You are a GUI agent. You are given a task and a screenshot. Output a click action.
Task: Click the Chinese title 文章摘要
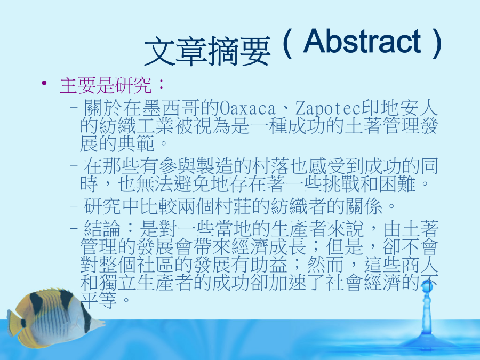207,51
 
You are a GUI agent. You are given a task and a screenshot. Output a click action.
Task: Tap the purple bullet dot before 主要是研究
44,83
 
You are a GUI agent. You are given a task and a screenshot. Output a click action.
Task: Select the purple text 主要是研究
106,85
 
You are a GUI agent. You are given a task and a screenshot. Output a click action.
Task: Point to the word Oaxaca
247,108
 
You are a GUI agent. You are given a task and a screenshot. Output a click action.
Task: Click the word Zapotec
328,108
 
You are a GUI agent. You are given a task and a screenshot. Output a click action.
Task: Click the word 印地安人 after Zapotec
400,108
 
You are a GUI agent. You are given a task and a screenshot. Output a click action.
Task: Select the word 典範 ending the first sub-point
135,143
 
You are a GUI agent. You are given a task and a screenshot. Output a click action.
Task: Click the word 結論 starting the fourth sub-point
102,229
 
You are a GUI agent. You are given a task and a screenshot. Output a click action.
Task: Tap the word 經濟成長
269,247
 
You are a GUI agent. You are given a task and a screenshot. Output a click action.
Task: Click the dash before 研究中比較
74,206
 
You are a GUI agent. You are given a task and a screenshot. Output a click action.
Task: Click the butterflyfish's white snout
98,324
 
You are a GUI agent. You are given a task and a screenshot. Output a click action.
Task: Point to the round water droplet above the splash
427,287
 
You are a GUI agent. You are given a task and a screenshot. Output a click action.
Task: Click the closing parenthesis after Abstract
437,44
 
